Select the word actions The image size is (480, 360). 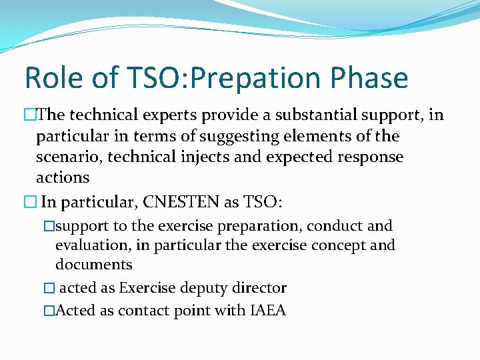pos(62,177)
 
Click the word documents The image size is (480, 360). pos(93,265)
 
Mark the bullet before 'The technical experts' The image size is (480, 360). pos(29,115)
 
